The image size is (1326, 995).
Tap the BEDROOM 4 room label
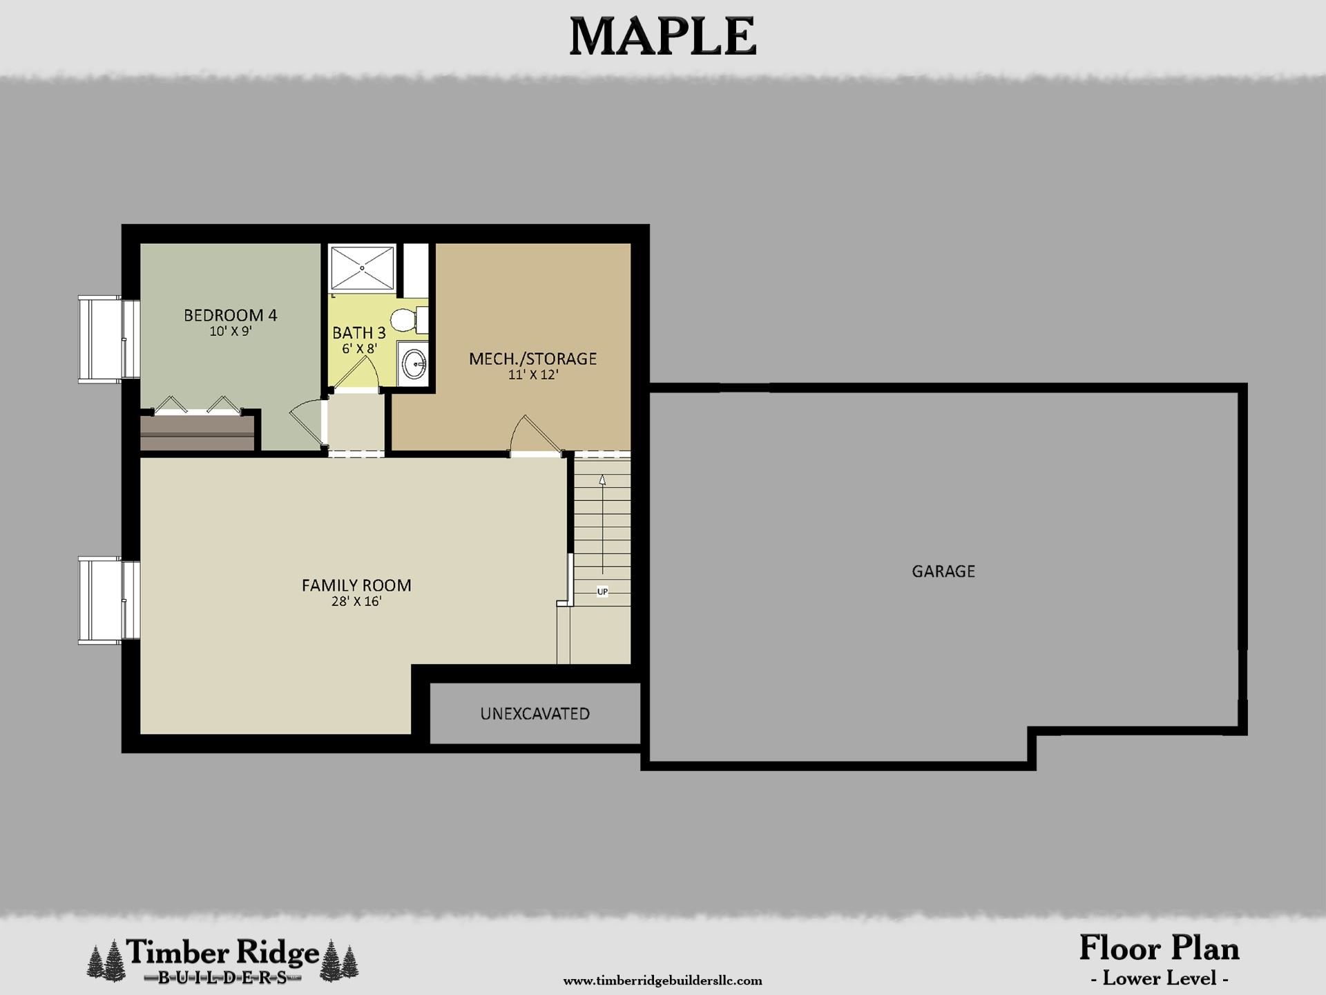[230, 315]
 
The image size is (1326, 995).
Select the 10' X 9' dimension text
[230, 332]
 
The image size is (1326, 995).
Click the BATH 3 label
[358, 333]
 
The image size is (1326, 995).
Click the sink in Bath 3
[414, 364]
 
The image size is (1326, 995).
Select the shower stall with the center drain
[362, 267]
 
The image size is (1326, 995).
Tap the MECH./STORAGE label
[532, 359]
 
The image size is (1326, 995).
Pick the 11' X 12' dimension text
[532, 375]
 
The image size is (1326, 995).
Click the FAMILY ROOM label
[356, 585]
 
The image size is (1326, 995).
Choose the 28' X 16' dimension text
[356, 602]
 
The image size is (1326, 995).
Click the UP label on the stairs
[602, 592]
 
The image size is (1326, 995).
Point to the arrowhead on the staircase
[602, 479]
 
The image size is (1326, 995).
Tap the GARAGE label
[943, 571]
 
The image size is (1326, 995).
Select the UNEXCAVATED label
[535, 714]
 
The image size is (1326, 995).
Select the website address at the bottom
[662, 980]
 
